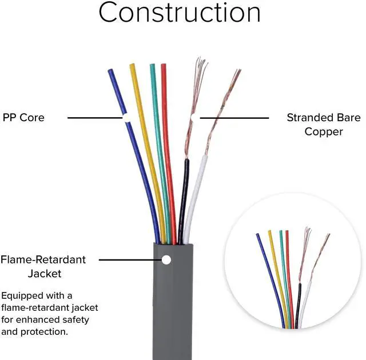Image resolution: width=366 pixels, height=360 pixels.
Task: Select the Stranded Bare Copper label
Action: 323,125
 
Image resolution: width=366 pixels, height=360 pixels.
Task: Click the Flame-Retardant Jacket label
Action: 43,266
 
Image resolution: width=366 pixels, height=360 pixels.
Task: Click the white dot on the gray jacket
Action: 166,260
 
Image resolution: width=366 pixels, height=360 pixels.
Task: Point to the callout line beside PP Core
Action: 94,118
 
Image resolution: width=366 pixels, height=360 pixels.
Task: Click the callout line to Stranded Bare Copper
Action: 234,118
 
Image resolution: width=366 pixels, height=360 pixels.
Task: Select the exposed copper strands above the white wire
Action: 220,114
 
